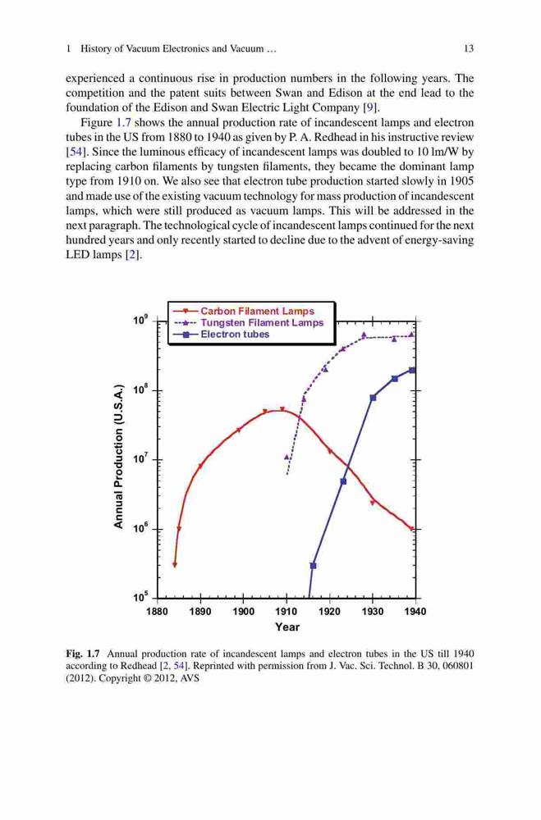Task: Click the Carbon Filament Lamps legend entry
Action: [x=244, y=311]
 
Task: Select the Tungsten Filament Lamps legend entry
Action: [x=249, y=322]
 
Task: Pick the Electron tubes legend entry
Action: [x=222, y=335]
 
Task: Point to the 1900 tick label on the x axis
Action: [x=243, y=612]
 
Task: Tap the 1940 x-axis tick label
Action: [x=415, y=612]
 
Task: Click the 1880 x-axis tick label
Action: [x=157, y=612]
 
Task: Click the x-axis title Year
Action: [x=287, y=626]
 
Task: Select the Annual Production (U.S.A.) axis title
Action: [x=118, y=456]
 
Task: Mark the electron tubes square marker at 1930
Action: [x=373, y=398]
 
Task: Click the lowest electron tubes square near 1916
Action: [x=313, y=565]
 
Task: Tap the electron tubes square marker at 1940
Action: [x=412, y=371]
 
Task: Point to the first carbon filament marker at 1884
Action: [x=174, y=565]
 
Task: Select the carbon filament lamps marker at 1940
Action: [x=413, y=529]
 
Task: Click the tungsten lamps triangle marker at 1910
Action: [x=287, y=457]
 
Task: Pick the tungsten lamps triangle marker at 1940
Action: [x=411, y=335]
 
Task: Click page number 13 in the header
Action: [x=469, y=48]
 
